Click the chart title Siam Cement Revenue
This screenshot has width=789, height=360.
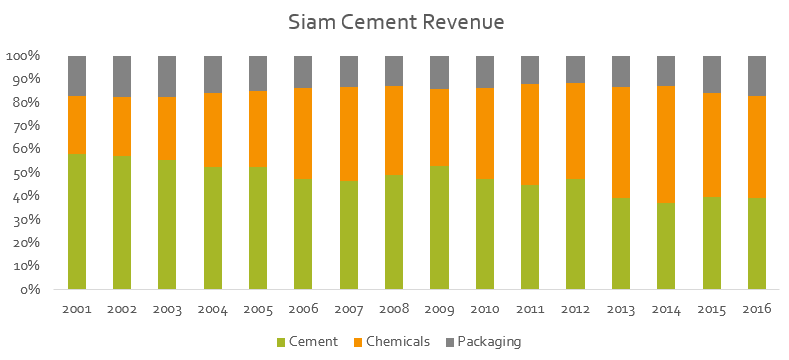click(x=396, y=21)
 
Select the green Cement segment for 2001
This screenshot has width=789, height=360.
click(x=77, y=221)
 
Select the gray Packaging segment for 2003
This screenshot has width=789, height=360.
click(x=168, y=77)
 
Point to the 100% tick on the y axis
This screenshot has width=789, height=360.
click(x=24, y=56)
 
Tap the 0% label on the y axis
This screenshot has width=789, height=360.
click(x=31, y=290)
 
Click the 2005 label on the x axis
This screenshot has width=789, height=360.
click(x=259, y=308)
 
